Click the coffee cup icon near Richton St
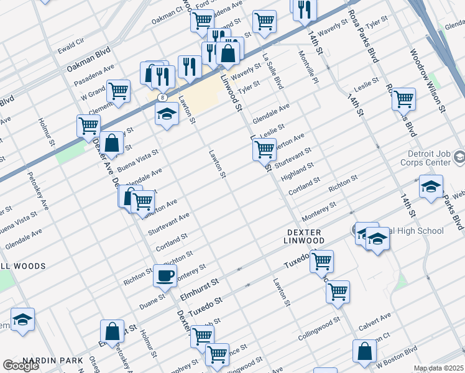165,275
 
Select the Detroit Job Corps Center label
428,158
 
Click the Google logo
21,366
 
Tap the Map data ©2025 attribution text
438,368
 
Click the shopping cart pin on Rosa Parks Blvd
403,98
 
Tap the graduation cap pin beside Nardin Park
22,320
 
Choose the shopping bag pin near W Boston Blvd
364,351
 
